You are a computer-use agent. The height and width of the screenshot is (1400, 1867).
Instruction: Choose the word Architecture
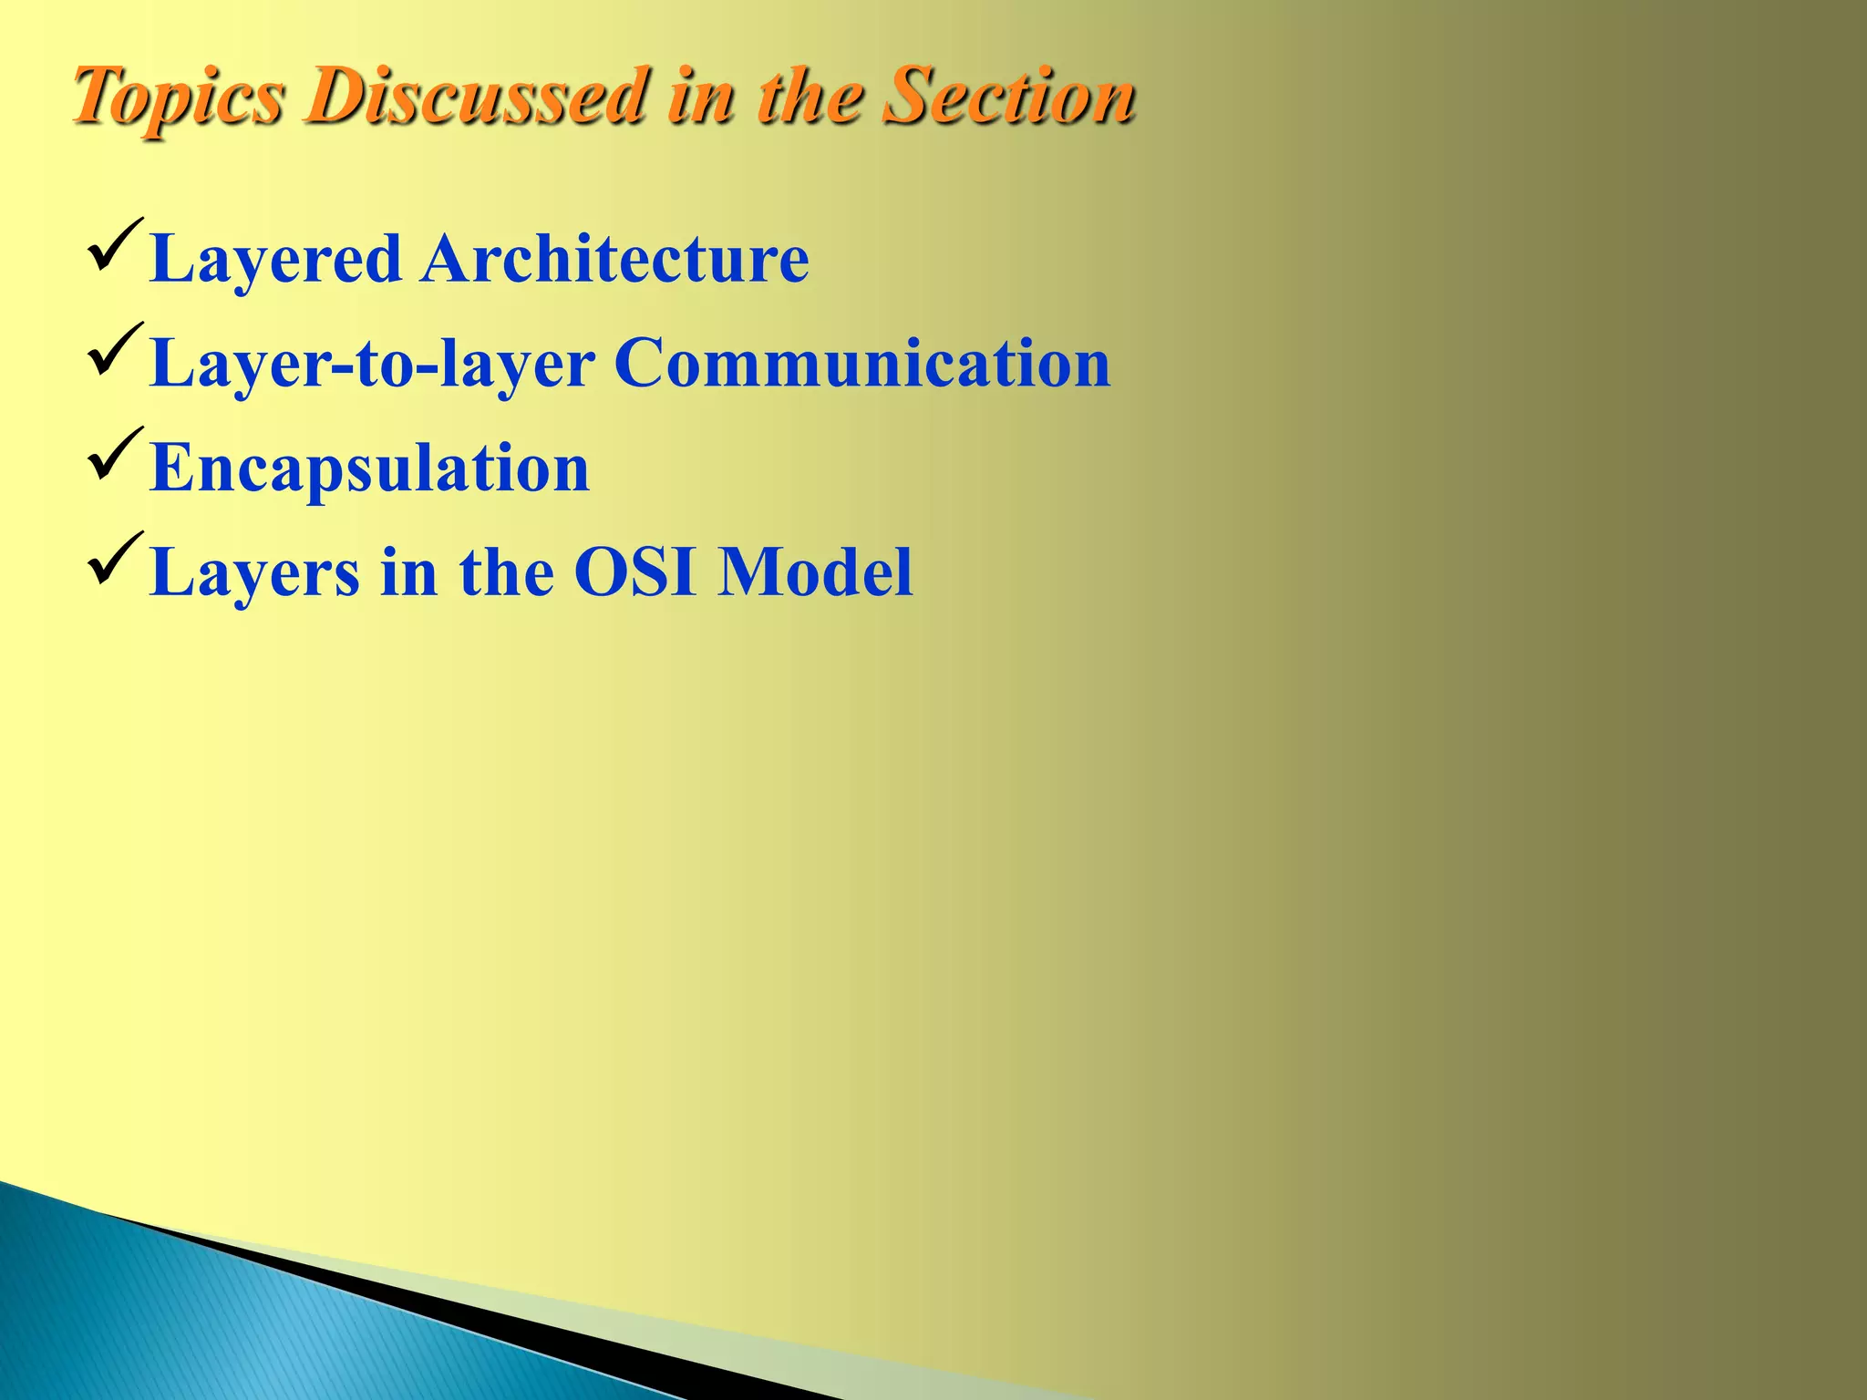pyautogui.click(x=614, y=259)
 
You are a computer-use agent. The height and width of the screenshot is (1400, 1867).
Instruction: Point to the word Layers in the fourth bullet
pyautogui.click(x=255, y=574)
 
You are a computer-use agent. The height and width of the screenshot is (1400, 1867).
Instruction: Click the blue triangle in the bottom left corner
pyautogui.click(x=228, y=1322)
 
